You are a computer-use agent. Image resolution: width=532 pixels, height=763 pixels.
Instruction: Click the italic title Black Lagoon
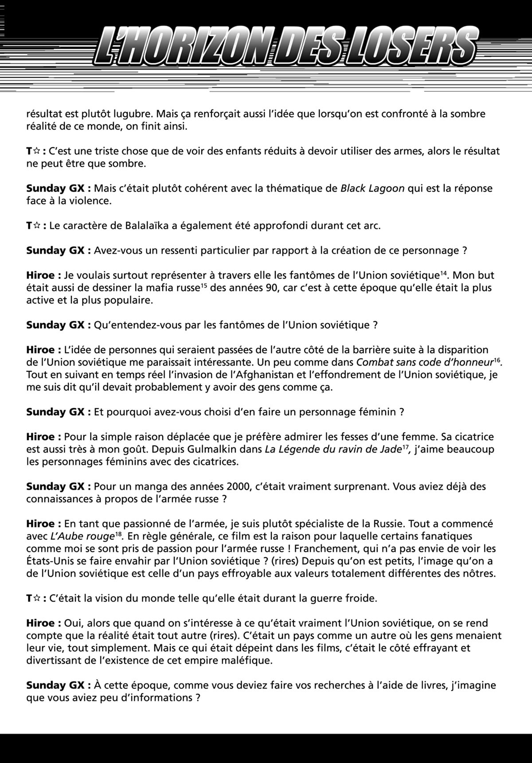(372, 188)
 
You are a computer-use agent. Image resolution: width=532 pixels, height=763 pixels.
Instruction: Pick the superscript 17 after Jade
(405, 447)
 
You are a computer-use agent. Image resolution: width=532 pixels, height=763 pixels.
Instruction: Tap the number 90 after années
(260, 288)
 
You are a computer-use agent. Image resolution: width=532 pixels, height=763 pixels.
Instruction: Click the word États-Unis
(51, 561)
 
